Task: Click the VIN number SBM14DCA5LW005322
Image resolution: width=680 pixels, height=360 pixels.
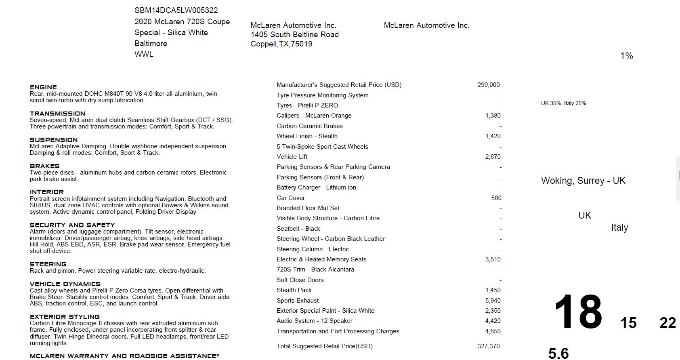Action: pyautogui.click(x=176, y=11)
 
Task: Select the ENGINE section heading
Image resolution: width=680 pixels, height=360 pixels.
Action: pyautogui.click(x=43, y=87)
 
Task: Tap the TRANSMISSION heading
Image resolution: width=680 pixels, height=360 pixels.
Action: pyautogui.click(x=57, y=114)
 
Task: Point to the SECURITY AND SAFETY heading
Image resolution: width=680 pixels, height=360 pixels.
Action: pyautogui.click(x=72, y=225)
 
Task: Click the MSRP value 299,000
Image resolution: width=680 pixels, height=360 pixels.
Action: pyautogui.click(x=488, y=85)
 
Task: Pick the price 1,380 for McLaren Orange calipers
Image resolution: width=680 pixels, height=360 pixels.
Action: pyautogui.click(x=493, y=116)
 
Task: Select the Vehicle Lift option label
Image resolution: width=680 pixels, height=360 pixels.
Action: pyautogui.click(x=292, y=157)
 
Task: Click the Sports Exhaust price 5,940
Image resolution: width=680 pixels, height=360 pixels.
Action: pyautogui.click(x=493, y=301)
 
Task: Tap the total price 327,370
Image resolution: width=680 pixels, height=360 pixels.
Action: pyautogui.click(x=488, y=346)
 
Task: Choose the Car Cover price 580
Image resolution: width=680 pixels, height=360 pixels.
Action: pyautogui.click(x=496, y=198)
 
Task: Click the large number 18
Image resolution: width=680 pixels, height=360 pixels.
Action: pyautogui.click(x=578, y=312)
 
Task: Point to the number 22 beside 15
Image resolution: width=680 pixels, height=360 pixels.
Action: pyautogui.click(x=667, y=323)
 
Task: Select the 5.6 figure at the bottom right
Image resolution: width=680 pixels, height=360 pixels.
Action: pyautogui.click(x=558, y=353)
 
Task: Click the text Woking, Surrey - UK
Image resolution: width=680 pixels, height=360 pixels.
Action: pyautogui.click(x=583, y=181)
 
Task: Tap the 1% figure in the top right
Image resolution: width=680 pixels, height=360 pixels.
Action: pyautogui.click(x=626, y=56)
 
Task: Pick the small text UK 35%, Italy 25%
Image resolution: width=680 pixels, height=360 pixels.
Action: pyautogui.click(x=563, y=103)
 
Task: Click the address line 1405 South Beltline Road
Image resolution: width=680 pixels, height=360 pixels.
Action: pyautogui.click(x=294, y=35)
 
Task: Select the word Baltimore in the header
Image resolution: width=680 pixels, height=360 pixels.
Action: pyautogui.click(x=151, y=44)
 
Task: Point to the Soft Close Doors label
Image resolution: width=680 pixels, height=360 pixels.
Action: pyautogui.click(x=300, y=280)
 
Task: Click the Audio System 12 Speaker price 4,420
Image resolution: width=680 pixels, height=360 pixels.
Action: pyautogui.click(x=493, y=321)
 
